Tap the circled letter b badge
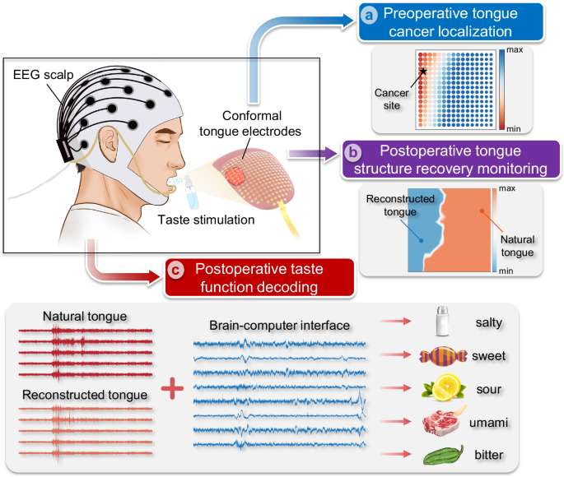pyautogui.click(x=352, y=153)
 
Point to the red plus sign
pyautogui.click(x=171, y=388)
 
